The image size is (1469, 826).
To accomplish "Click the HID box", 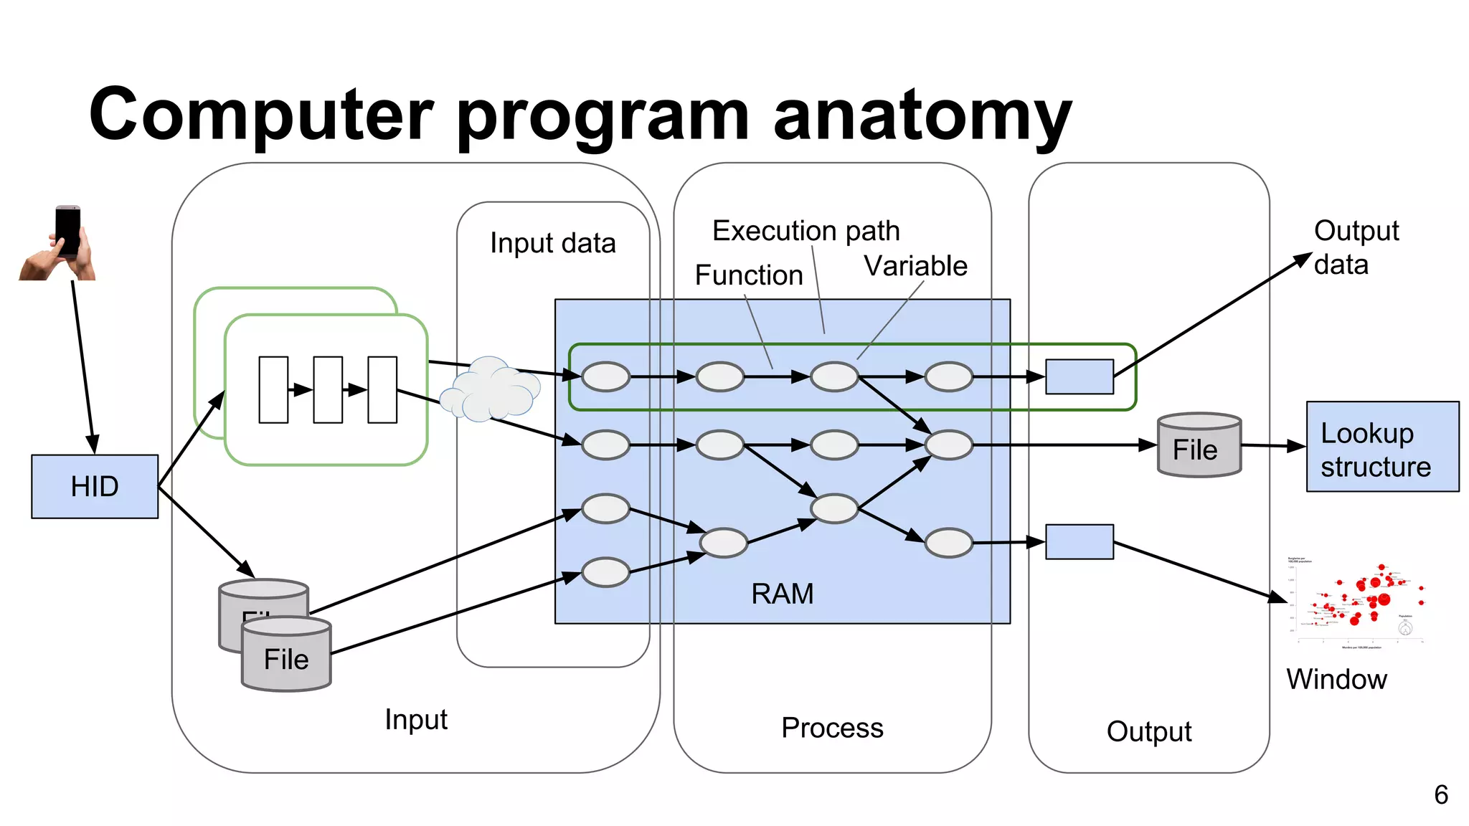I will point(95,486).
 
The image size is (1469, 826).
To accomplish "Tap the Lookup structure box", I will point(1382,447).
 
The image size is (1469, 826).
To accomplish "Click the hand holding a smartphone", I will point(60,243).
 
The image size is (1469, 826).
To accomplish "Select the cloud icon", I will point(489,390).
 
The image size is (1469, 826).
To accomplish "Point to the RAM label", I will point(782,594).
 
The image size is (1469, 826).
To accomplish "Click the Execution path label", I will point(806,231).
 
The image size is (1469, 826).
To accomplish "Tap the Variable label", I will point(915,266).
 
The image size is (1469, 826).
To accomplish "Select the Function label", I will point(748,275).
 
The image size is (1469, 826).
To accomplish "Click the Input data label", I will point(552,243).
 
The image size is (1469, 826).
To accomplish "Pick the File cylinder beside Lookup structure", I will point(1199,445).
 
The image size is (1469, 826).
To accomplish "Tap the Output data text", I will point(1355,247).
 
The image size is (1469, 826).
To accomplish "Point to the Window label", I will point(1336,679).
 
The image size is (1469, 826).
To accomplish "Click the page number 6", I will point(1440,794).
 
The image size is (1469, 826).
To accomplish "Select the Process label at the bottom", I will point(832,728).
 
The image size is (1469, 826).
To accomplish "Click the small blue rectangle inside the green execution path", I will point(1079,377).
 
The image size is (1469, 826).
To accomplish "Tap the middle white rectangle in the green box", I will point(328,389).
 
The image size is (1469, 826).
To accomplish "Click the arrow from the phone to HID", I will point(83,366).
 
